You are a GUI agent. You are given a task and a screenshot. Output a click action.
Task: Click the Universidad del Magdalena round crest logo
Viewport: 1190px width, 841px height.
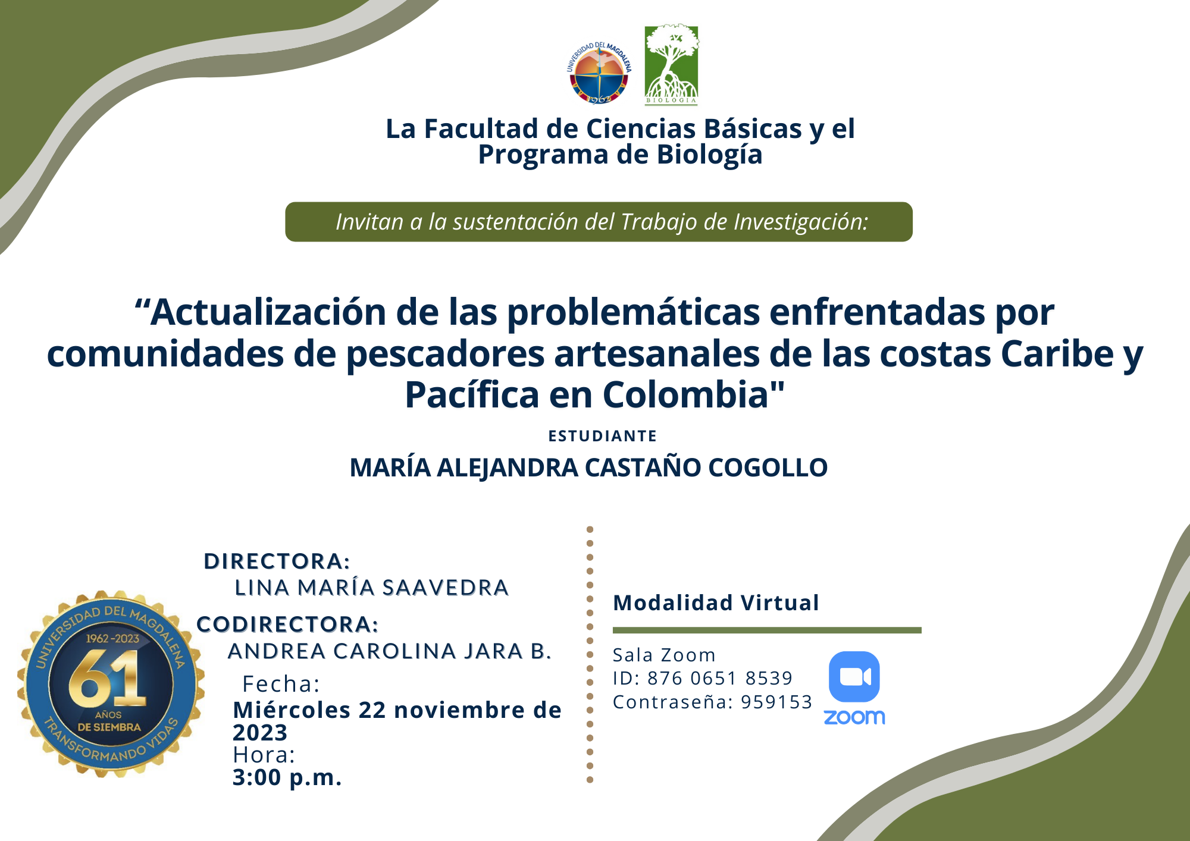tap(599, 73)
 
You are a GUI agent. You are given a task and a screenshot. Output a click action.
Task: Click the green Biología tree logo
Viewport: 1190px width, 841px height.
tap(672, 65)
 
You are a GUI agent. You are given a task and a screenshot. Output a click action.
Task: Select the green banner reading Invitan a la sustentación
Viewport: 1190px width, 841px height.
tap(599, 222)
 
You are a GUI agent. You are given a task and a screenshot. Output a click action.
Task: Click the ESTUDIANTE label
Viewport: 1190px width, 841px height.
tap(602, 436)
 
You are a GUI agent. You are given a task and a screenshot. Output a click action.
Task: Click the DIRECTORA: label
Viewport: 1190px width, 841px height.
tap(277, 561)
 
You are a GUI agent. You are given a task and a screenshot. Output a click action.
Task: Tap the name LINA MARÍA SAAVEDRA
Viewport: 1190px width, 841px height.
tap(372, 588)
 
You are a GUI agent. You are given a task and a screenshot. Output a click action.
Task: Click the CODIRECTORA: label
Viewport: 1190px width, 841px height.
tap(287, 624)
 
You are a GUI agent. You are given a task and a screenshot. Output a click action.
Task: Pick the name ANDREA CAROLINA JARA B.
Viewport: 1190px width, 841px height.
tap(390, 651)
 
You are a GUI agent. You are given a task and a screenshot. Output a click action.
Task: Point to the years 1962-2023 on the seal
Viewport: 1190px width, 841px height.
tap(112, 639)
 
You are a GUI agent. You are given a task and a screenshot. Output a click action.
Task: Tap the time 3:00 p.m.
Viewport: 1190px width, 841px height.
tap(287, 777)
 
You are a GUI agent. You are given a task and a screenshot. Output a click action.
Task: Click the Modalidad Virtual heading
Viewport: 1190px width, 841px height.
tap(716, 602)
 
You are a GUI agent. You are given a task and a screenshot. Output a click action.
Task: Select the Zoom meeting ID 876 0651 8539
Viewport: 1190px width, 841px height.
tap(720, 678)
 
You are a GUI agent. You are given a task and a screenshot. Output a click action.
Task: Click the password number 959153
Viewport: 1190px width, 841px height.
tap(776, 702)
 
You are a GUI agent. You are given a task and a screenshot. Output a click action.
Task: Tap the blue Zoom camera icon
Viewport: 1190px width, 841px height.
tap(854, 677)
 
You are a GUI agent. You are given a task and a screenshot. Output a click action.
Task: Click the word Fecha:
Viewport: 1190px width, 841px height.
tap(281, 684)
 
